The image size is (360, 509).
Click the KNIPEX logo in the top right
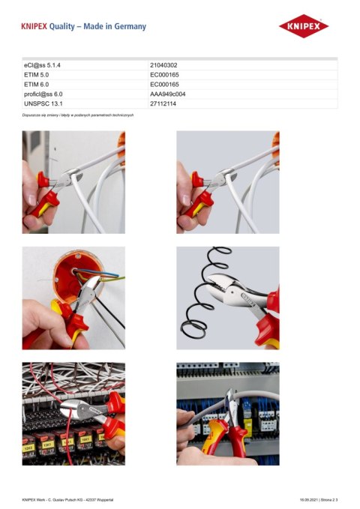point(304,26)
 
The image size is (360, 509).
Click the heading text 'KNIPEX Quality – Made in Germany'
point(84,26)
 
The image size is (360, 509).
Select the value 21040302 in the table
point(163,66)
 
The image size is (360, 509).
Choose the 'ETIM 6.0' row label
point(37,85)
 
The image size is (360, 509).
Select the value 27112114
point(163,103)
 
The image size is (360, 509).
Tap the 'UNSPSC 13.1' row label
point(42,103)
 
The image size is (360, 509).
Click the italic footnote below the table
point(78,114)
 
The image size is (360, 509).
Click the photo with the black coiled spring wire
point(227,298)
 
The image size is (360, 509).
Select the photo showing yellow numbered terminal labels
point(73,414)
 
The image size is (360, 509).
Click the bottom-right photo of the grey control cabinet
point(227,414)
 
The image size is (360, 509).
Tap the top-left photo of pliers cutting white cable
point(73,182)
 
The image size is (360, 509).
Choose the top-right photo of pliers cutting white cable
point(227,182)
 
